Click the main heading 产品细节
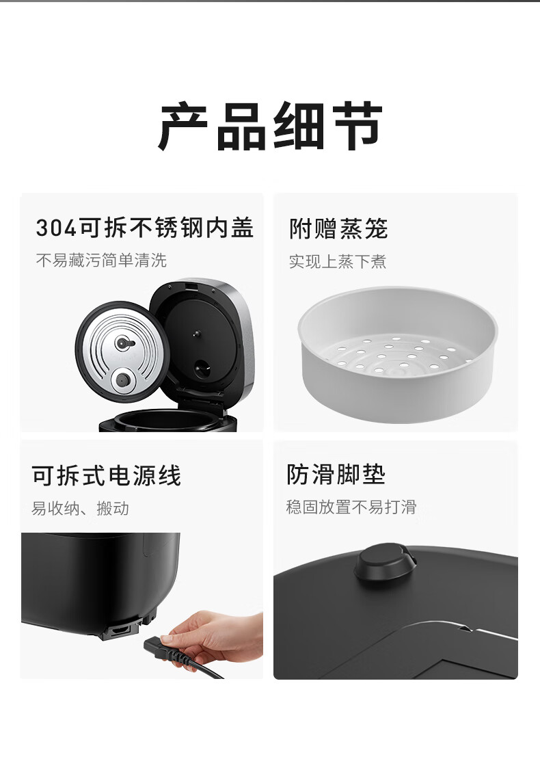pos(270,126)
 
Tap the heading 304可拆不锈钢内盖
pos(145,228)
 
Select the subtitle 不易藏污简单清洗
pos(101,261)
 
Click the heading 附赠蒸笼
pos(339,228)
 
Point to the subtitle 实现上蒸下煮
pos(338,261)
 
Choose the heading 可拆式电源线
pos(107,475)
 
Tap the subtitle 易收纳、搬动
pos(81,508)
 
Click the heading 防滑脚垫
pos(336,475)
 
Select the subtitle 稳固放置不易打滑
pos(351,507)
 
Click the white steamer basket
pos(398,354)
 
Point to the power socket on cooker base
pos(121,630)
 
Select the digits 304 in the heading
pos(56,228)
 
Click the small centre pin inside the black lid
pos(197,334)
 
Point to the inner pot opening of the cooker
pos(167,419)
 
